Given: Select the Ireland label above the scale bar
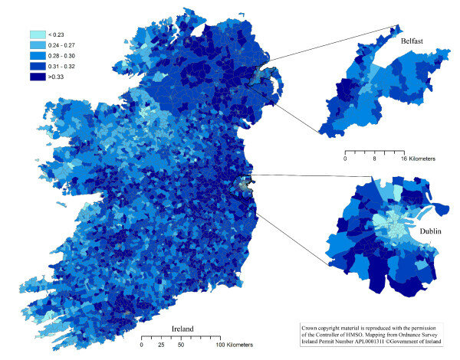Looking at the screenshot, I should point(181,329).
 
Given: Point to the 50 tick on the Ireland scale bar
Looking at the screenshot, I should point(180,346).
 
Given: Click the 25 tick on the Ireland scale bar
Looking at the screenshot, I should point(160,346).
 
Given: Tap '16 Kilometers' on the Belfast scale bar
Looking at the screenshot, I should point(414,159).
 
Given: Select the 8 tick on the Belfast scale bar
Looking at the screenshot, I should point(374,159).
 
